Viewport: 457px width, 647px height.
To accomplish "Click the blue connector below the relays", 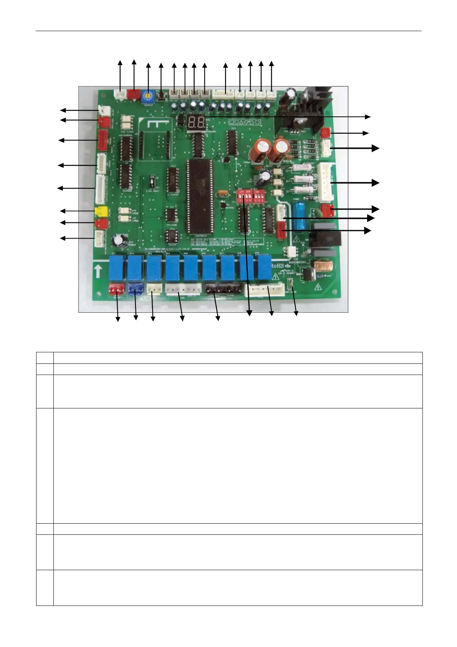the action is (135, 289).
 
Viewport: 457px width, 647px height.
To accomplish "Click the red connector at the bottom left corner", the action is (116, 289).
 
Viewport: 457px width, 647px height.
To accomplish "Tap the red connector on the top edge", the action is (134, 94).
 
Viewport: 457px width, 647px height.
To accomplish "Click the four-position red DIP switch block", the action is (244, 196).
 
